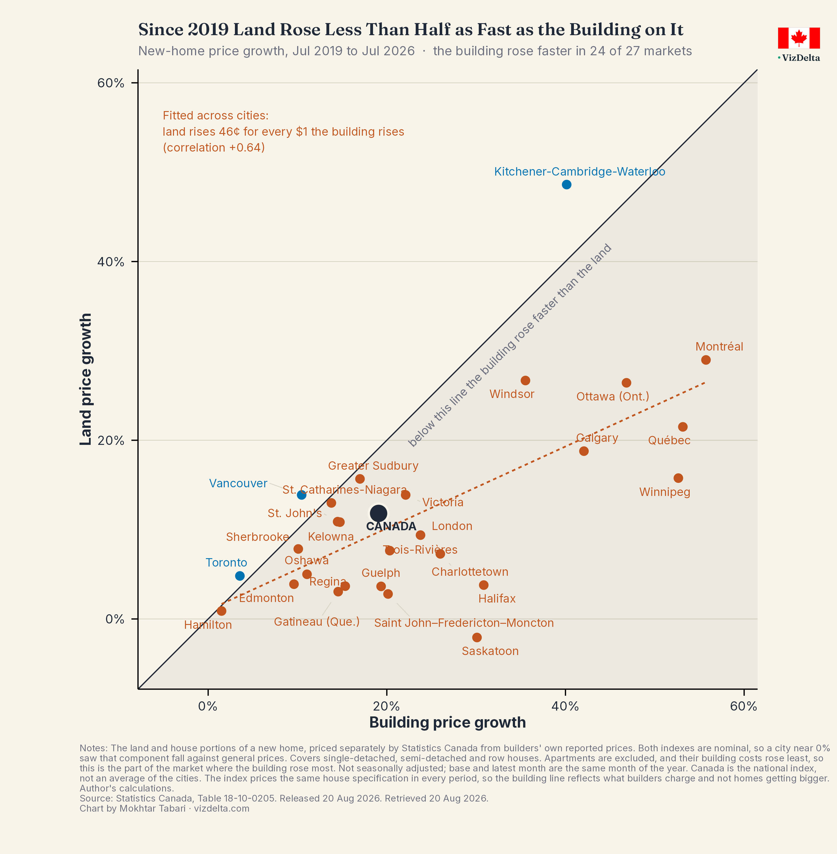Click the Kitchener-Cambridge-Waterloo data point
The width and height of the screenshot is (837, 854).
pyautogui.click(x=567, y=185)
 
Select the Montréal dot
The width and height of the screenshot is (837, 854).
pyautogui.click(x=706, y=360)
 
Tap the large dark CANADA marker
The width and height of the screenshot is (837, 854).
pyautogui.click(x=379, y=513)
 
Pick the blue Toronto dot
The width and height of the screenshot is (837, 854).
pyautogui.click(x=240, y=576)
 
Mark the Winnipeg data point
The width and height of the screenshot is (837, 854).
pyautogui.click(x=678, y=478)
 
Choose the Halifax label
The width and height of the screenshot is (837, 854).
pyautogui.click(x=497, y=599)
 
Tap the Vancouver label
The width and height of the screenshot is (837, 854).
pyautogui.click(x=238, y=483)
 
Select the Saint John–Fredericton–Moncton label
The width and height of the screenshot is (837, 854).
pyautogui.click(x=464, y=623)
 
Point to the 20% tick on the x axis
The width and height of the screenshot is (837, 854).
pyautogui.click(x=386, y=692)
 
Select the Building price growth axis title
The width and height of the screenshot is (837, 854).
pyautogui.click(x=448, y=723)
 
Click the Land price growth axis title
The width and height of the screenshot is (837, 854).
pyautogui.click(x=86, y=379)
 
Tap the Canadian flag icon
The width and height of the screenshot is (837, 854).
pyautogui.click(x=799, y=38)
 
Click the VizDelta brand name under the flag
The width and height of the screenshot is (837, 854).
pyautogui.click(x=800, y=58)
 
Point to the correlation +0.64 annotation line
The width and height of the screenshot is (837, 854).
pyautogui.click(x=214, y=148)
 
